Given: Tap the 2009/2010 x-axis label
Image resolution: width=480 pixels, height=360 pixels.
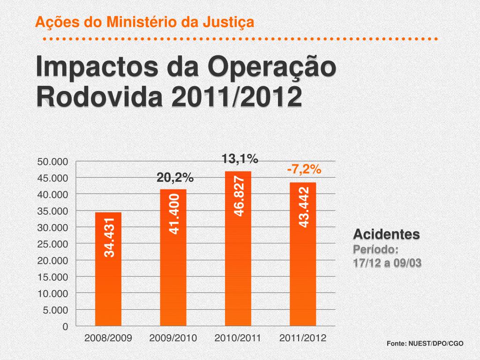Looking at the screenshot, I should click(x=173, y=337).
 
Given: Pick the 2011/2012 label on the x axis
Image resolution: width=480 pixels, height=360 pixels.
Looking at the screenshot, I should click(x=302, y=337).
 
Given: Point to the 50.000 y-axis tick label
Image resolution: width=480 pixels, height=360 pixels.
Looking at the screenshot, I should click(x=53, y=162).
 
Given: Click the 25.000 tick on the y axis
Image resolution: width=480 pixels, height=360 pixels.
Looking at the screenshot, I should click(x=53, y=244).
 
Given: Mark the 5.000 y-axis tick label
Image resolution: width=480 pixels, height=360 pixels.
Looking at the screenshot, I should click(x=55, y=310).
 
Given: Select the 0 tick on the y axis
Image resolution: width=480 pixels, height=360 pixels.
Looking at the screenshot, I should click(x=65, y=326).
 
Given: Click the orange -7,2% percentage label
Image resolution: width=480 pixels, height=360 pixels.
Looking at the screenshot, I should click(x=304, y=169).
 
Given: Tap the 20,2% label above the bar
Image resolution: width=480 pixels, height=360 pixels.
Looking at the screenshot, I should click(x=175, y=178).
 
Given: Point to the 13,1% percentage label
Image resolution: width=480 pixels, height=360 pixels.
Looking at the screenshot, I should click(x=240, y=159).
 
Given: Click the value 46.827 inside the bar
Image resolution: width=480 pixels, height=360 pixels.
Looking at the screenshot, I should click(x=239, y=196).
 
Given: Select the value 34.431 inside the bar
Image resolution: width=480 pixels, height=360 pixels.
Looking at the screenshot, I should click(x=109, y=237).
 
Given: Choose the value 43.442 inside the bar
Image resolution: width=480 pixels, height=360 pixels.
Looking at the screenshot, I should click(x=304, y=207).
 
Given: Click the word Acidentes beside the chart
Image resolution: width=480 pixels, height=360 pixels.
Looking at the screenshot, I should click(x=386, y=233).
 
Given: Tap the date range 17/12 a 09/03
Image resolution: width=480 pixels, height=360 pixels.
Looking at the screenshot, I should click(x=387, y=263).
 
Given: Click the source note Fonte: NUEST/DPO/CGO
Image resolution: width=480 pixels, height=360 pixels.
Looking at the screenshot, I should click(x=425, y=344).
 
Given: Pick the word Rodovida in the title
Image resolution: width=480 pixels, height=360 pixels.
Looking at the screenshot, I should click(x=100, y=97).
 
